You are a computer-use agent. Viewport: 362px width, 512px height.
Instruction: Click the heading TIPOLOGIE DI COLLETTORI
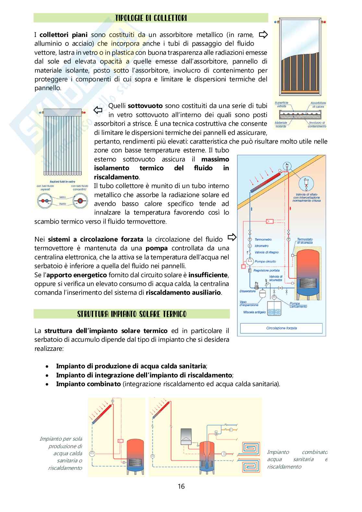151,18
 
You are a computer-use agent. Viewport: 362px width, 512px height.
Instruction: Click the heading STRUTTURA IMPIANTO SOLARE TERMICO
132,314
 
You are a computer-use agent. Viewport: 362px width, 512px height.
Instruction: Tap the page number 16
181,486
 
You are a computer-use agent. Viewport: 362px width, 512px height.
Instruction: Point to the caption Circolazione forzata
281,328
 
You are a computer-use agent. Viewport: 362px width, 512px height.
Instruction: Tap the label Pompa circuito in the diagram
265,261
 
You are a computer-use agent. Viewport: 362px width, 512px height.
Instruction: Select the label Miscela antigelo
254,313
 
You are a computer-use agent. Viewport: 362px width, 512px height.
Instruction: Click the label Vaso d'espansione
248,303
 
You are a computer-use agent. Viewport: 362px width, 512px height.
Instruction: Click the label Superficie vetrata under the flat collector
282,104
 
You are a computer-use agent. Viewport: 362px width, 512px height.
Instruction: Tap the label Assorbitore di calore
318,104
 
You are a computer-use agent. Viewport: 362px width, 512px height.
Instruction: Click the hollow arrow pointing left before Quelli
98,110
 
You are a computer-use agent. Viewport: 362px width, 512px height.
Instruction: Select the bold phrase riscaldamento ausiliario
183,292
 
